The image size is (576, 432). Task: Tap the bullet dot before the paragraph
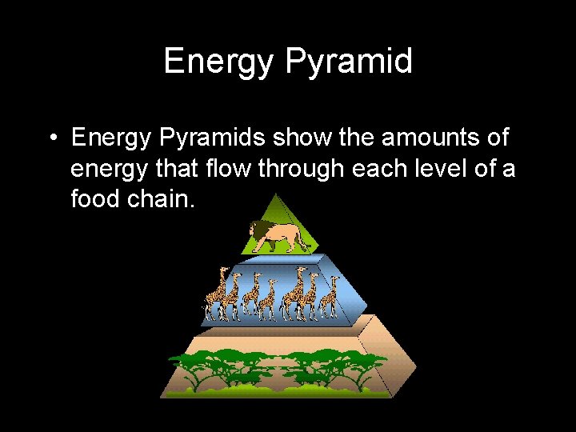[51, 138]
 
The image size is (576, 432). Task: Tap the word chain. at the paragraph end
[163, 198]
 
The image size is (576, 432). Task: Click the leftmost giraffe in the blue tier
[216, 296]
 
